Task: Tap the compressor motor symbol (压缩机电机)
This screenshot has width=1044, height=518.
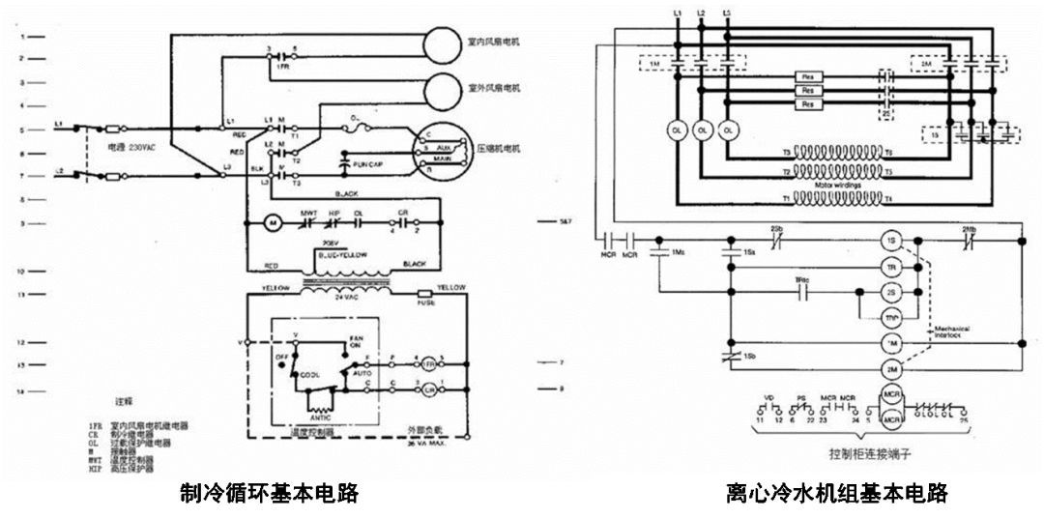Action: coord(440,150)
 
